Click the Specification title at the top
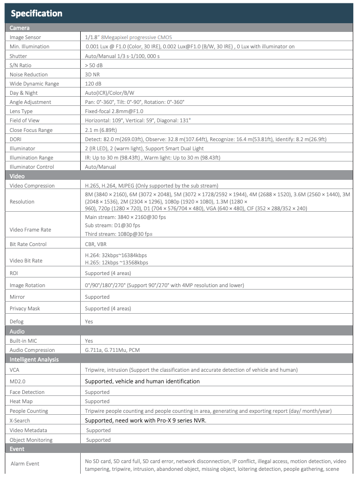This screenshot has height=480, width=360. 37,14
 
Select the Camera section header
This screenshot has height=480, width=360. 20,28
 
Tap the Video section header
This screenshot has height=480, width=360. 17,176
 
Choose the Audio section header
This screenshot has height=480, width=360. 17,332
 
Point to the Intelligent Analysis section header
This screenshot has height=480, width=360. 34,360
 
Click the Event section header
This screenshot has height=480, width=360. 17,449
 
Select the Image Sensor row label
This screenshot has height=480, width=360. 25,37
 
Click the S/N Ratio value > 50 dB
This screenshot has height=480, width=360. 93,65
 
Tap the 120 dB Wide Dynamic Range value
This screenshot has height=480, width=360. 92,84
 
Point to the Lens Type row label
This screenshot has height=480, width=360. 22,111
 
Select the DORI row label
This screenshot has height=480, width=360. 16,139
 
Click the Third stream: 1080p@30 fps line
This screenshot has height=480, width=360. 118,234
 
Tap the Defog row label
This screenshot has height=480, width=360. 17,321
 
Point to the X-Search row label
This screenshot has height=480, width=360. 20,421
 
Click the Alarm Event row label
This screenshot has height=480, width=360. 25,464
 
